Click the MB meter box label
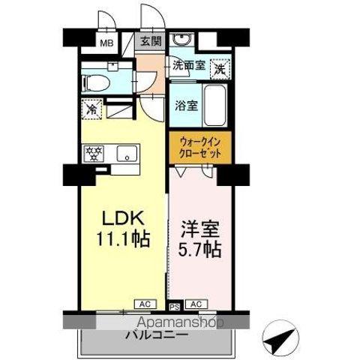[109, 43]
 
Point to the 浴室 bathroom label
[187, 106]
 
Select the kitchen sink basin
[128, 155]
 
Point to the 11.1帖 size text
[121, 240]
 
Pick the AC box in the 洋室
[196, 304]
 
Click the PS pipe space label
[174, 305]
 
